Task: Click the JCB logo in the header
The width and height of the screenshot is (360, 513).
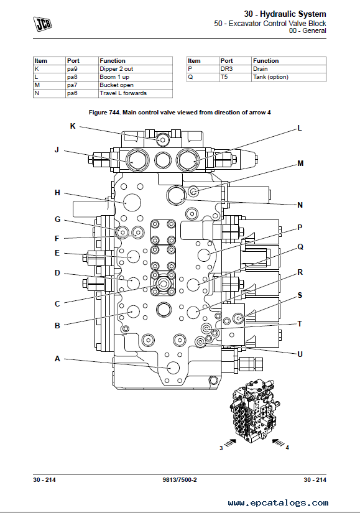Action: [42, 24]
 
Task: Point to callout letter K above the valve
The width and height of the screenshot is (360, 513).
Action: [73, 126]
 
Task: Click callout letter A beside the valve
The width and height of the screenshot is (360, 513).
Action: [57, 359]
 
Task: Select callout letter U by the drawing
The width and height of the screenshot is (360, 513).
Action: [300, 354]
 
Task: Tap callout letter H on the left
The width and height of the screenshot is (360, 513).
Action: [57, 193]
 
